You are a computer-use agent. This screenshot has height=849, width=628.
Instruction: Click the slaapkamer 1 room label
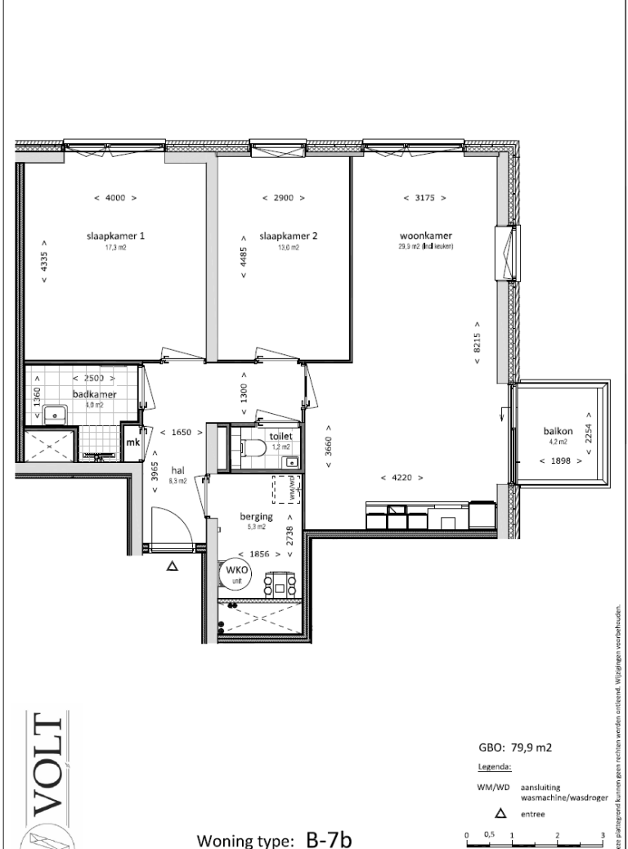coord(115,236)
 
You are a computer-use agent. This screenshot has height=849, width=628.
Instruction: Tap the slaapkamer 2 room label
coord(288,236)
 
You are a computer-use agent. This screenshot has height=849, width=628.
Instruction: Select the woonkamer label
coord(419,236)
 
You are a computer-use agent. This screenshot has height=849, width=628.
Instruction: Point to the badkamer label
coord(95,393)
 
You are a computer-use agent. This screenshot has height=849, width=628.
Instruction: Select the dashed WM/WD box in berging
coord(285,488)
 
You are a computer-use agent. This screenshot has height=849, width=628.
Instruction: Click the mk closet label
coord(132,442)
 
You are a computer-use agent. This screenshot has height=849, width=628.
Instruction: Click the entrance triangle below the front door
coord(173,564)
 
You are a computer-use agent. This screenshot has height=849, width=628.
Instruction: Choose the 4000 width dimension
coord(115,198)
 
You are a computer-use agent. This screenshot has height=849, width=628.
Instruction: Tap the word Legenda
coord(494,767)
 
